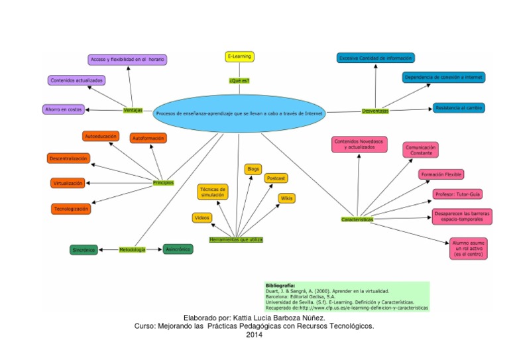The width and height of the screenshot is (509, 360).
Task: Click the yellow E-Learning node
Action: tap(239, 57)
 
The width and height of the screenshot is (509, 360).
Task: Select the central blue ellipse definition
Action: tap(239, 113)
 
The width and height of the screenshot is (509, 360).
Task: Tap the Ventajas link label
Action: tap(133, 110)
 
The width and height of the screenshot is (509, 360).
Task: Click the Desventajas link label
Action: tap(375, 111)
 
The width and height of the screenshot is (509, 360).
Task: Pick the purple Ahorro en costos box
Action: tap(64, 109)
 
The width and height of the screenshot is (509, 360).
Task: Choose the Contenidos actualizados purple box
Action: tap(76, 80)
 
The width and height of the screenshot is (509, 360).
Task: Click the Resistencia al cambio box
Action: tap(459, 107)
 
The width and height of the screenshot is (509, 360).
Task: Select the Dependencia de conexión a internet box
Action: tap(444, 78)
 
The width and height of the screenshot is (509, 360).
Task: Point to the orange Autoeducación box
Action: tap(101, 136)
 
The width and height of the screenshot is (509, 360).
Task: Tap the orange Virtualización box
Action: tap(68, 183)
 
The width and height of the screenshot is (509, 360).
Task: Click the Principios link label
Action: tap(163, 182)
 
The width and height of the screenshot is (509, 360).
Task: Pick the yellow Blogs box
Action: tap(253, 169)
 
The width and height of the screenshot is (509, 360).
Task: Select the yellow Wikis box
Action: tap(286, 198)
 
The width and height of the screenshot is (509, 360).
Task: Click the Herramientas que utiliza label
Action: tap(237, 238)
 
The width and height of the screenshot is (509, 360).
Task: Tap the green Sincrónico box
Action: tap(84, 250)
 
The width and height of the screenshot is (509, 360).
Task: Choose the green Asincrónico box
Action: tap(178, 249)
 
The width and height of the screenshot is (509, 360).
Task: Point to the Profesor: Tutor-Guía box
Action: tap(457, 194)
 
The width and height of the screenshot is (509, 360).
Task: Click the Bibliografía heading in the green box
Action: tap(280, 284)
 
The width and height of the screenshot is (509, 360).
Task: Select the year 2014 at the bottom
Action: tap(254, 334)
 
